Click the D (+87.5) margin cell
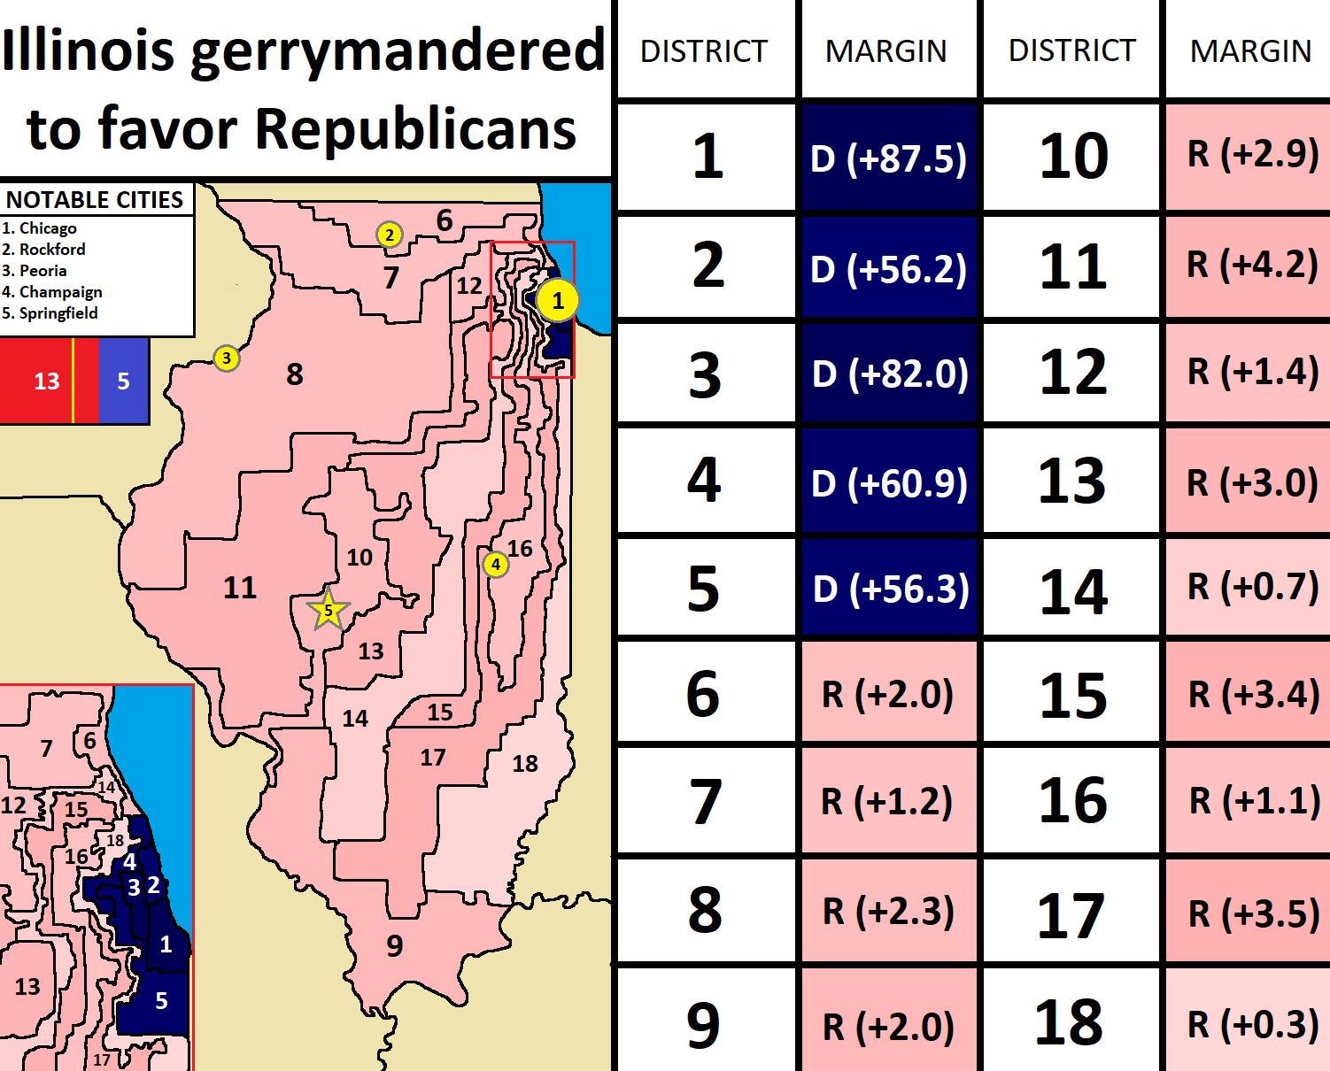click(x=888, y=158)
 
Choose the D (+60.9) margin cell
click(x=889, y=483)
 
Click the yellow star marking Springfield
click(x=328, y=610)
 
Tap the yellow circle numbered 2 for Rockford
click(x=389, y=235)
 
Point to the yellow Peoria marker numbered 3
click(x=227, y=358)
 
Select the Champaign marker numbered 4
click(x=496, y=564)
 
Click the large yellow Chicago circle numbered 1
click(x=557, y=301)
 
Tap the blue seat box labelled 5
click(x=123, y=381)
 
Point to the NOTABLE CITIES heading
click(x=95, y=200)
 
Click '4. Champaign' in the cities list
click(x=52, y=292)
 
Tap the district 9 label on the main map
click(x=395, y=945)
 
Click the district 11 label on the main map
click(x=239, y=587)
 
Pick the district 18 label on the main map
click(x=525, y=763)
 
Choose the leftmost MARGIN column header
click(x=885, y=51)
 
